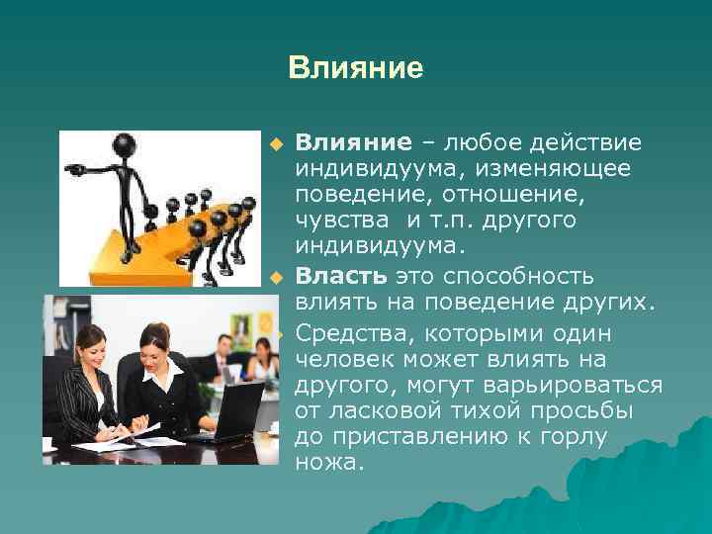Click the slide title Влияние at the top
click(x=355, y=68)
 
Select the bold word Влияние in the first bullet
click(x=351, y=144)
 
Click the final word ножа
click(x=329, y=461)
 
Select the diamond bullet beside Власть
click(x=278, y=276)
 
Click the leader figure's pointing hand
click(x=75, y=170)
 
